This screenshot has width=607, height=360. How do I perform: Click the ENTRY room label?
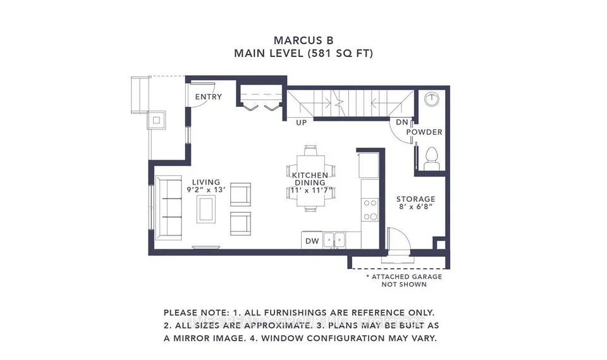(208, 97)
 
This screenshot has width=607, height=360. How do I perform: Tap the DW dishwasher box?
(312, 240)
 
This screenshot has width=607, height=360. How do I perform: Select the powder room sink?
(431, 99)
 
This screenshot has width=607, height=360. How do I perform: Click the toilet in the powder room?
(431, 159)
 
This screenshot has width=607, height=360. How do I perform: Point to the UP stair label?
(301, 123)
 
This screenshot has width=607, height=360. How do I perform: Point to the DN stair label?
(402, 123)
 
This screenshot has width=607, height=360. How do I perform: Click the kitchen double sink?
(334, 240)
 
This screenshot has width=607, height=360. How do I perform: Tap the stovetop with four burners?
(370, 209)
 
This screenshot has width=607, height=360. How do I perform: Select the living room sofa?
(168, 208)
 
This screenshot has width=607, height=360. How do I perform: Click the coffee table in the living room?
(206, 209)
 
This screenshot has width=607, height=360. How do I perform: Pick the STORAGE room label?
(415, 199)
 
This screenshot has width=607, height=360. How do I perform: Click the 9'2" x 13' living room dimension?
(206, 190)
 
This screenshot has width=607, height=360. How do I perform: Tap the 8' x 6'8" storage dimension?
(415, 206)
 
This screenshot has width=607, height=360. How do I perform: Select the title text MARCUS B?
(303, 40)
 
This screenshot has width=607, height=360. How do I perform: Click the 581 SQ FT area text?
(340, 53)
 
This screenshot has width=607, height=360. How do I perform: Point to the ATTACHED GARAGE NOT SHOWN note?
(404, 280)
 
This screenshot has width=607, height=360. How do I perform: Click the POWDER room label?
(424, 132)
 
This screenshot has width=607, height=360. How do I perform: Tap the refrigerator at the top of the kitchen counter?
(369, 165)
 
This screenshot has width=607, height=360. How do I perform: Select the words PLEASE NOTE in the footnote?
(196, 313)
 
